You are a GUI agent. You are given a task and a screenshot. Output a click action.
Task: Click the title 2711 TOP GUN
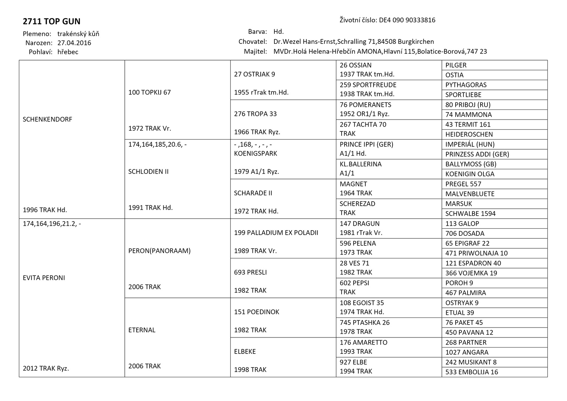tap(51, 21)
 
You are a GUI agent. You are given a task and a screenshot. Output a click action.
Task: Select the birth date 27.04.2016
tap(74, 43)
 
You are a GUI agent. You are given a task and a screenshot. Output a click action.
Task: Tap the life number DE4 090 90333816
tap(407, 20)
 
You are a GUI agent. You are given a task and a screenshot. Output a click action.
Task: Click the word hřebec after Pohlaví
tap(68, 52)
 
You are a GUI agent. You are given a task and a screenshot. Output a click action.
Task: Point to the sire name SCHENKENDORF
tap(48, 120)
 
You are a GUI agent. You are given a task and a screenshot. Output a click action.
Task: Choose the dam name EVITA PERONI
tap(44, 278)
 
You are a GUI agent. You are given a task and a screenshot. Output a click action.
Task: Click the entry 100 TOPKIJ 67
tap(149, 92)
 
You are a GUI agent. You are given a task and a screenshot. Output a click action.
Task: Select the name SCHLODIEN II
tap(148, 172)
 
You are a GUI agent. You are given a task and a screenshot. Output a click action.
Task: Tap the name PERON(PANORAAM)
tap(159, 251)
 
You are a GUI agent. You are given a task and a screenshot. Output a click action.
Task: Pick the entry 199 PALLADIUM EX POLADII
tap(276, 233)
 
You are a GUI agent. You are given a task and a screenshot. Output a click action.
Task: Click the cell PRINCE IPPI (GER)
tap(366, 144)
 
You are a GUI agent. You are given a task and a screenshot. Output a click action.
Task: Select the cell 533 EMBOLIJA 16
tap(472, 372)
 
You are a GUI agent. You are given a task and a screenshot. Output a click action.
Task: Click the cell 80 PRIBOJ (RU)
tap(468, 105)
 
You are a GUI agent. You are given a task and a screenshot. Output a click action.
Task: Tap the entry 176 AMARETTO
tap(363, 342)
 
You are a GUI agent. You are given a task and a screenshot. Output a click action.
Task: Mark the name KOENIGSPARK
tap(255, 153)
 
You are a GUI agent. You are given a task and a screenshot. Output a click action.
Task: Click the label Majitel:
tap(255, 52)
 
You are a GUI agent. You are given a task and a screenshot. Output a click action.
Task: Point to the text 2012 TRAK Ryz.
tap(46, 369)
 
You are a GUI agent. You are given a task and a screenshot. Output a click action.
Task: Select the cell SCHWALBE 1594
tap(470, 213)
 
